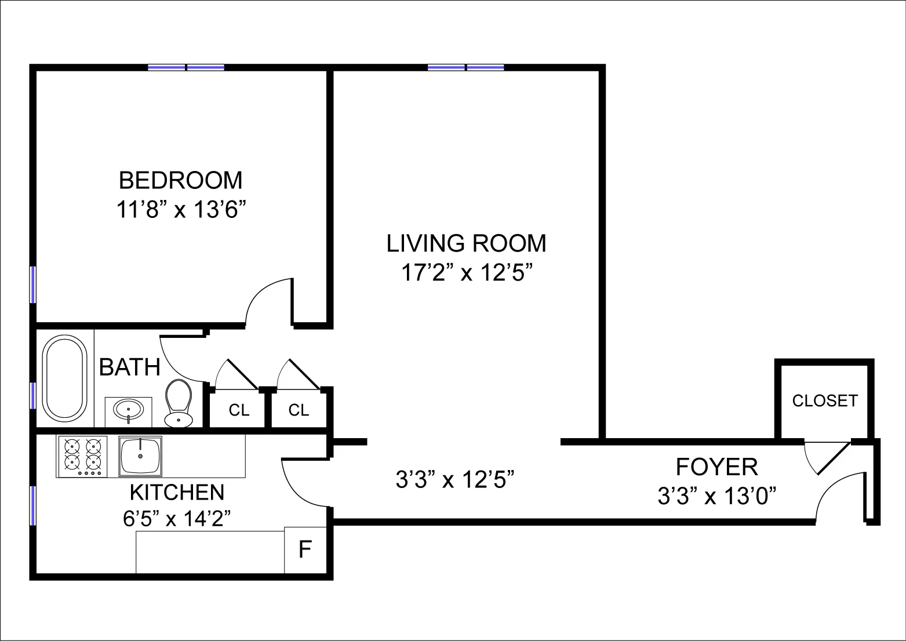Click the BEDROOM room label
click(180, 180)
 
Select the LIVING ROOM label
click(466, 243)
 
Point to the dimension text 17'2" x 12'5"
click(467, 272)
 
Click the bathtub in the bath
click(65, 378)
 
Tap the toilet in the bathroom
click(178, 403)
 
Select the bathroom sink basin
click(128, 410)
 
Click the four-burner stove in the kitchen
click(82, 456)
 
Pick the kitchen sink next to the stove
click(140, 456)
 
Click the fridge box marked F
click(305, 549)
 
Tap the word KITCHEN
click(177, 492)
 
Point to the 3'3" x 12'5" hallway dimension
click(455, 479)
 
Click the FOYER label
click(716, 467)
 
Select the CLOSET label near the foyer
click(824, 401)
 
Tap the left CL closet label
click(239, 410)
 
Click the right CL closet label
click(299, 410)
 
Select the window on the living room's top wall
click(465, 67)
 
